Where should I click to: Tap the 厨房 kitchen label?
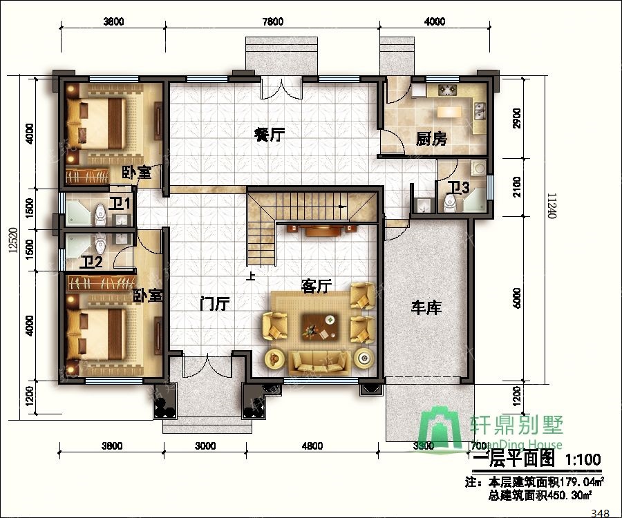(x=431, y=140)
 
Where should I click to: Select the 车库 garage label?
(x=426, y=307)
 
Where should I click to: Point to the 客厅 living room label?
(x=317, y=285)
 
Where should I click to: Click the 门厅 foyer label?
(x=214, y=303)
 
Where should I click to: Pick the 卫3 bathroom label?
(x=458, y=187)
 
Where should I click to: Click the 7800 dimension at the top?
(x=272, y=21)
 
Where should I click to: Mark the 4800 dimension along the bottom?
(x=312, y=445)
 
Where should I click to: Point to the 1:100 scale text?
(x=583, y=459)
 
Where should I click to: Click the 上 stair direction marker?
(x=250, y=276)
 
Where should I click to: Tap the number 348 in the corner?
(x=601, y=512)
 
